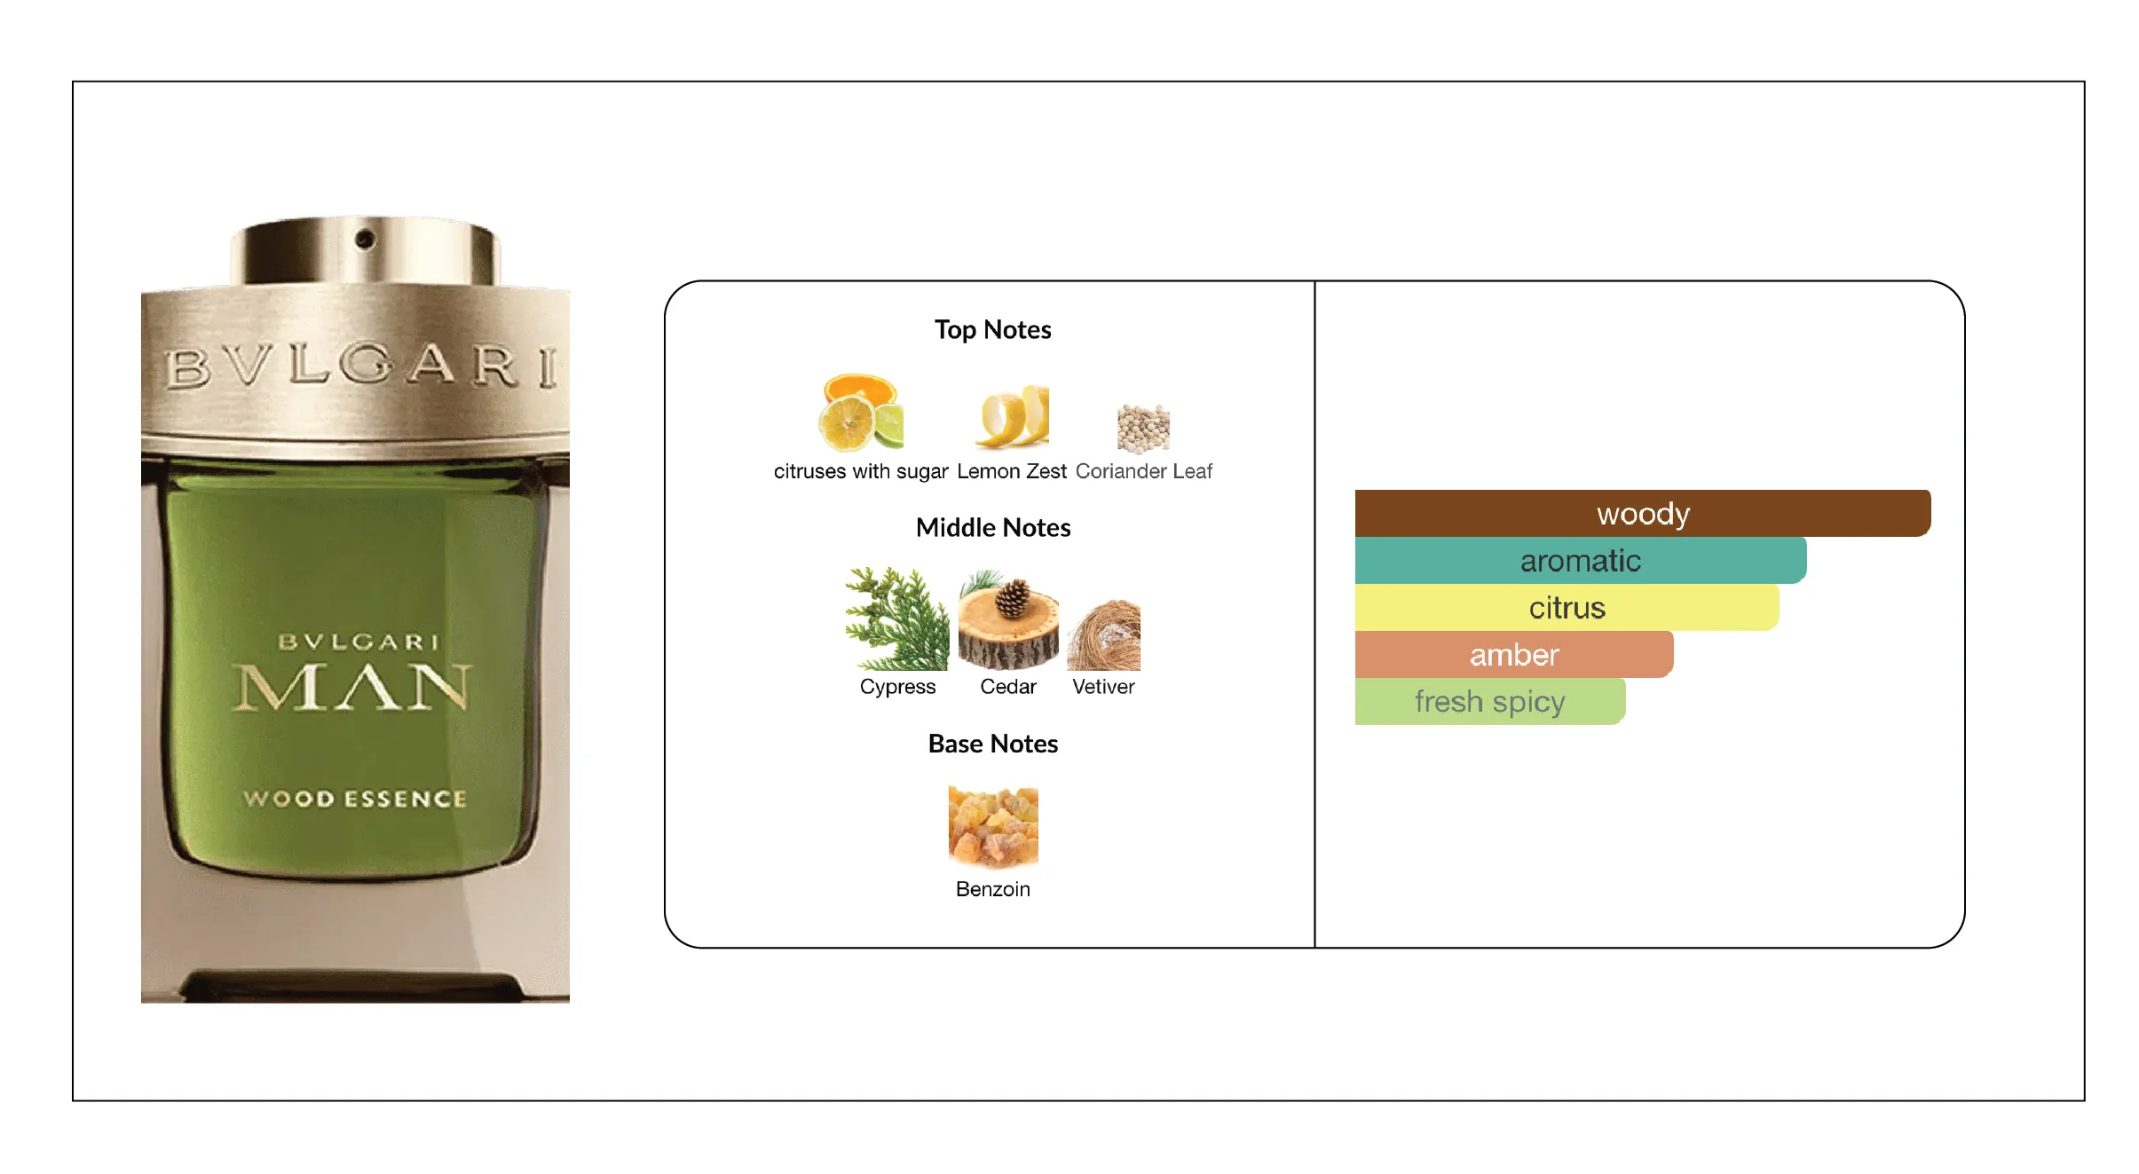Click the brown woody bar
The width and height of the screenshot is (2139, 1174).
tap(1642, 513)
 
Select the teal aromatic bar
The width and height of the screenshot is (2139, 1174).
tap(1581, 560)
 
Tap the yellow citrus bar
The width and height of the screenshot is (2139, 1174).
tap(1567, 607)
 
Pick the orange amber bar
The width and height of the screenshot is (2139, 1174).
tap(1514, 654)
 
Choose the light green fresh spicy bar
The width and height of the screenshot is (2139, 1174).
tap(1490, 701)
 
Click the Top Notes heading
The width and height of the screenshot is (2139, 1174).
tap(992, 330)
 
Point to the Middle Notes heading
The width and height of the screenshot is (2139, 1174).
tap(993, 528)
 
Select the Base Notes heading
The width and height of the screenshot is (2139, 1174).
tap(993, 744)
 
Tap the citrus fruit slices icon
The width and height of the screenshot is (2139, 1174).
tap(860, 413)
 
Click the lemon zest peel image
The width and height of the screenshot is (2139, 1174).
tap(1013, 415)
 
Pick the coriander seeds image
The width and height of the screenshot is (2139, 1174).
tap(1143, 429)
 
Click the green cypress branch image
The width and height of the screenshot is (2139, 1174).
tap(896, 619)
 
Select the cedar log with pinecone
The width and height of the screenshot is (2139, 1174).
tap(1008, 620)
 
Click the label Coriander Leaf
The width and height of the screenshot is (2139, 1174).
tap(1143, 471)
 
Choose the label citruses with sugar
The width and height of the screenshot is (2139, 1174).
tap(861, 471)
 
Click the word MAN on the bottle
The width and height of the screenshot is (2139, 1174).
tap(352, 688)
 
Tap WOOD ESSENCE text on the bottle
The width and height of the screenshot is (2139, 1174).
tap(355, 799)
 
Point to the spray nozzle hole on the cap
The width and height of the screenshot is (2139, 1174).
tap(364, 239)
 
